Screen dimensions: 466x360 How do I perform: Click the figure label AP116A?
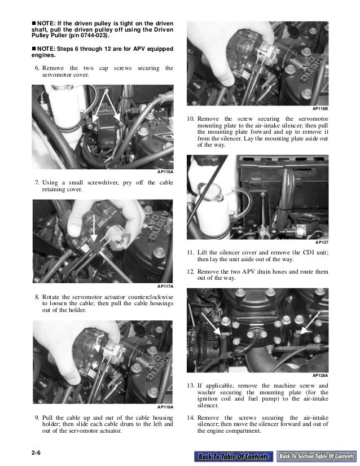165,172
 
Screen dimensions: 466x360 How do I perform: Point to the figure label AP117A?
165,287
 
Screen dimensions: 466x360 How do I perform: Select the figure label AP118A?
165,407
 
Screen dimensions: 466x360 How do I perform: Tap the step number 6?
37,68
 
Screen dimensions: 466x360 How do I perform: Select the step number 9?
37,417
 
